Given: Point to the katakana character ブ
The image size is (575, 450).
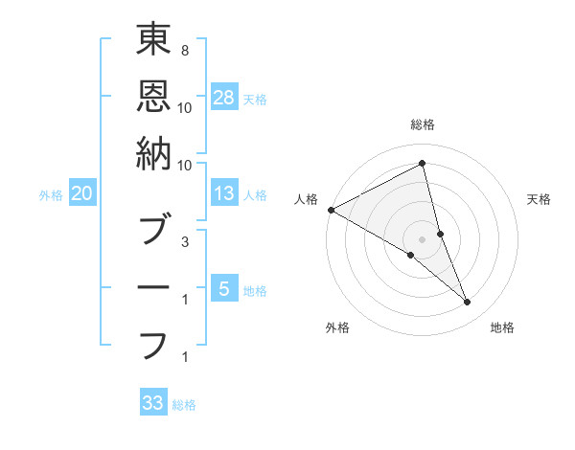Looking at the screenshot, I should point(153,230).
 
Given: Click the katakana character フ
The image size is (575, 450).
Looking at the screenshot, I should point(153,345).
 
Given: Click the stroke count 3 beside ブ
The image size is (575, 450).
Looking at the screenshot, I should point(184,242).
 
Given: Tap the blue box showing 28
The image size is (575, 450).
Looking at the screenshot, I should point(224,98).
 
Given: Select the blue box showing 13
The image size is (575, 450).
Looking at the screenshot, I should point(224,193).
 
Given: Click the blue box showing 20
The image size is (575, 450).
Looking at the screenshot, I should point(81,193).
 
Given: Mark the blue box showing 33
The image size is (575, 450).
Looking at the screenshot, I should point(152,403).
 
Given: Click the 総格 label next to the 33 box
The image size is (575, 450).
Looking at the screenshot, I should point(184,405).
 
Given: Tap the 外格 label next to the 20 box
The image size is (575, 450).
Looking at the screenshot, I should point(51,195).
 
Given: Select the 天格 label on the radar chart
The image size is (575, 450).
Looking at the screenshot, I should point(540,199).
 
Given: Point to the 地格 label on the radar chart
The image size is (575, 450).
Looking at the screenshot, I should point(502,327).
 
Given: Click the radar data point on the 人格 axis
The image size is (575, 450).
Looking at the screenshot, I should point(331,210).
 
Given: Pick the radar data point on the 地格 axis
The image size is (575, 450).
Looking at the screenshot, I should point(468,303).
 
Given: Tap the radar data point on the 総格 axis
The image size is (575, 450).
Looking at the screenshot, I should point(422,164).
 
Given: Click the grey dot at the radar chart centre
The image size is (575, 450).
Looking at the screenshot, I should point(422,239).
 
